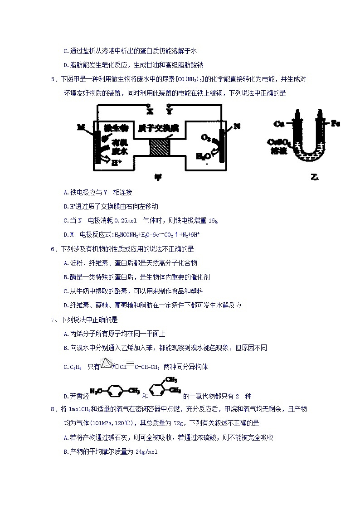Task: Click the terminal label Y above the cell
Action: [x=169, y=110]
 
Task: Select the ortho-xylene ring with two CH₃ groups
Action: [x=159, y=390]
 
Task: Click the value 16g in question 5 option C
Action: [x=213, y=221]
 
